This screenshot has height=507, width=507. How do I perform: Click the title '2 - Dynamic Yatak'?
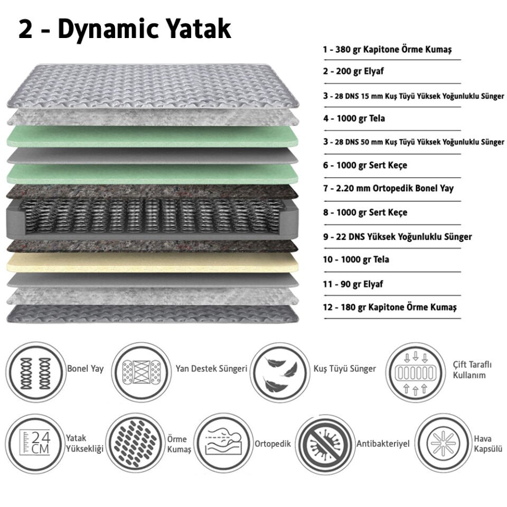pyautogui.click(x=125, y=30)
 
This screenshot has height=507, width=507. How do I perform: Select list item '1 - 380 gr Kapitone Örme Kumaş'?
pyautogui.click(x=387, y=50)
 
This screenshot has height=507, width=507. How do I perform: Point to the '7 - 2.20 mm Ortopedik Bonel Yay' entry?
pyautogui.click(x=388, y=188)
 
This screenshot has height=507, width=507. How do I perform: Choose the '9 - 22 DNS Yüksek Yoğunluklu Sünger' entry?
pyautogui.click(x=397, y=237)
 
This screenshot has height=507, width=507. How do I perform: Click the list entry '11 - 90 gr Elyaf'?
pyautogui.click(x=353, y=284)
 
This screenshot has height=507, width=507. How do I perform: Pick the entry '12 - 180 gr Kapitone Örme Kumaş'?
pyautogui.click(x=390, y=307)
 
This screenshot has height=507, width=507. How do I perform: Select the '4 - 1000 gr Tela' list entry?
pyautogui.click(x=354, y=118)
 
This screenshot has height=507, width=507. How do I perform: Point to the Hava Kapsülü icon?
pyautogui.click(x=443, y=443)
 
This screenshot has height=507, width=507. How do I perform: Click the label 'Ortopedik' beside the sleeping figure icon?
pyautogui.click(x=273, y=444)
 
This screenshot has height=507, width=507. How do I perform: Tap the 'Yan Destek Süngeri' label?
pyautogui.click(x=211, y=369)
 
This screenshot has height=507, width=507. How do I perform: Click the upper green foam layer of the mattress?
pyautogui.click(x=153, y=136)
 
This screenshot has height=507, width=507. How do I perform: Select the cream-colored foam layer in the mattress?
pyautogui.click(x=153, y=262)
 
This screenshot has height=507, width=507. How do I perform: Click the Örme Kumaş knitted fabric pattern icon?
pyautogui.click(x=135, y=443)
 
